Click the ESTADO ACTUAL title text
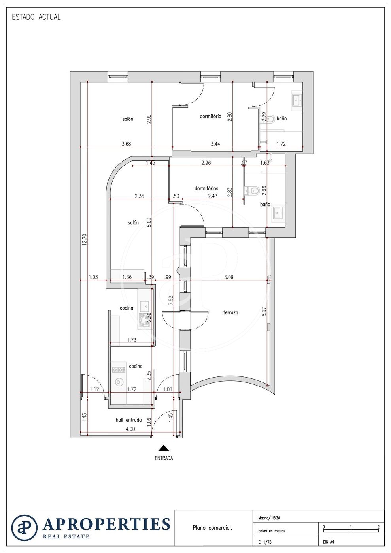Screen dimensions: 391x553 [x=36, y=17]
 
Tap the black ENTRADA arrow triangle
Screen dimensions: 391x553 [x=164, y=448]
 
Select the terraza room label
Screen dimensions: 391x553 [x=230, y=312]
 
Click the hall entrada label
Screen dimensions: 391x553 [x=128, y=420]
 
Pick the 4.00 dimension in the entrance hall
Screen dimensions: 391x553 [x=130, y=429]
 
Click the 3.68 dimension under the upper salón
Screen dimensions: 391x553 [x=126, y=144]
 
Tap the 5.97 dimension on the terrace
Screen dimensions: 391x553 [x=264, y=311]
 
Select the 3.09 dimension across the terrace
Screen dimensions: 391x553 [x=229, y=277]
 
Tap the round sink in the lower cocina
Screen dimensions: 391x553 [x=119, y=382]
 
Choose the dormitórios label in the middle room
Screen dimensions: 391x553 [x=206, y=189]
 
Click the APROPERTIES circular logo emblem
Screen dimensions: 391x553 [x=25, y=528]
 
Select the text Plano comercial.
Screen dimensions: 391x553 [x=212, y=528]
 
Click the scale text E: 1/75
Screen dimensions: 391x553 [x=265, y=542]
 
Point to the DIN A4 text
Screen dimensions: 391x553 [x=329, y=542]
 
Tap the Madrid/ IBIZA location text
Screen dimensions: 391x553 [x=269, y=518]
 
